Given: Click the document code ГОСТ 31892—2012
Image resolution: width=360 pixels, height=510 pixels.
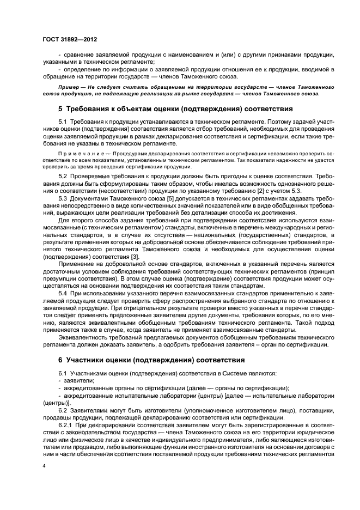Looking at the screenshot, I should pyautogui.click(x=69, y=39).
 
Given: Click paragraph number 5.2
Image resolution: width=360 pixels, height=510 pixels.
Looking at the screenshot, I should pyautogui.click(x=62, y=177).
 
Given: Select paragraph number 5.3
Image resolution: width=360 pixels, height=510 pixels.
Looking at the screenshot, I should pyautogui.click(x=62, y=198).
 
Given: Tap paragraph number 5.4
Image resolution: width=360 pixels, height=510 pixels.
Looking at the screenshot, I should pyautogui.click(x=62, y=293).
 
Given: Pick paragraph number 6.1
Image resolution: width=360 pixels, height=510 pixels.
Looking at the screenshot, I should pyautogui.click(x=62, y=373).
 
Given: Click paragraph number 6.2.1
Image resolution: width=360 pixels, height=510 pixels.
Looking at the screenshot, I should pyautogui.click(x=64, y=423).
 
